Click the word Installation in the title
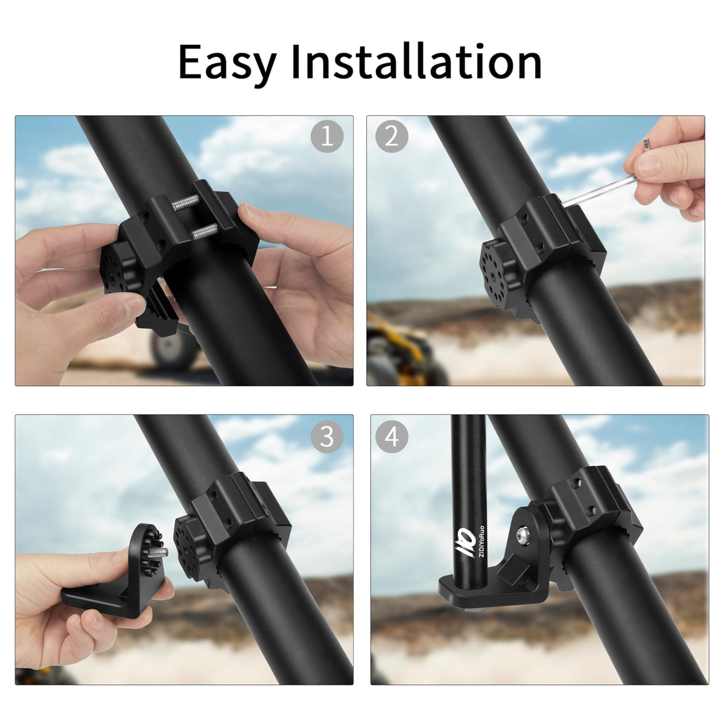click(417, 62)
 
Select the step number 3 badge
click(327, 436)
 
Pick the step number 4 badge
click(392, 436)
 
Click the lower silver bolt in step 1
click(205, 230)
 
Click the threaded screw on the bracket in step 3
click(158, 552)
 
